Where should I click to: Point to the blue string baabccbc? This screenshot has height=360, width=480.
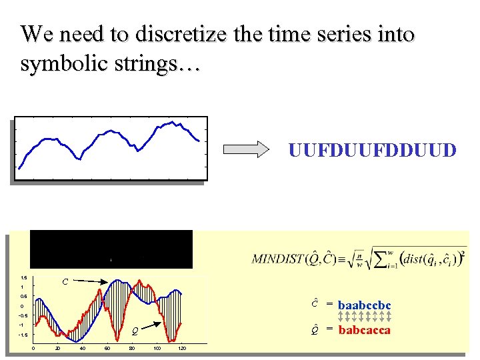365,305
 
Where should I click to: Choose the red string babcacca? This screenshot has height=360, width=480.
365,329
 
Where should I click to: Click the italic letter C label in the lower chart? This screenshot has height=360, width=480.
65,282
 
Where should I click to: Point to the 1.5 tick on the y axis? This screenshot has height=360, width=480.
23,277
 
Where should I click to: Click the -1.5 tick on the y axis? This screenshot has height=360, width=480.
22,335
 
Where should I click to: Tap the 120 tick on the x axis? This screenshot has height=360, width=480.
181,349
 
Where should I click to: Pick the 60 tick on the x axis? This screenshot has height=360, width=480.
107,349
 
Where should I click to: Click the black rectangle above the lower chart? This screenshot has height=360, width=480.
111,249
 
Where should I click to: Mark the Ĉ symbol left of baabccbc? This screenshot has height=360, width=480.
315,304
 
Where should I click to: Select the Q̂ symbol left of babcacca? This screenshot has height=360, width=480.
315,329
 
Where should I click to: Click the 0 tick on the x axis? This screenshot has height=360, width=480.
34,349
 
